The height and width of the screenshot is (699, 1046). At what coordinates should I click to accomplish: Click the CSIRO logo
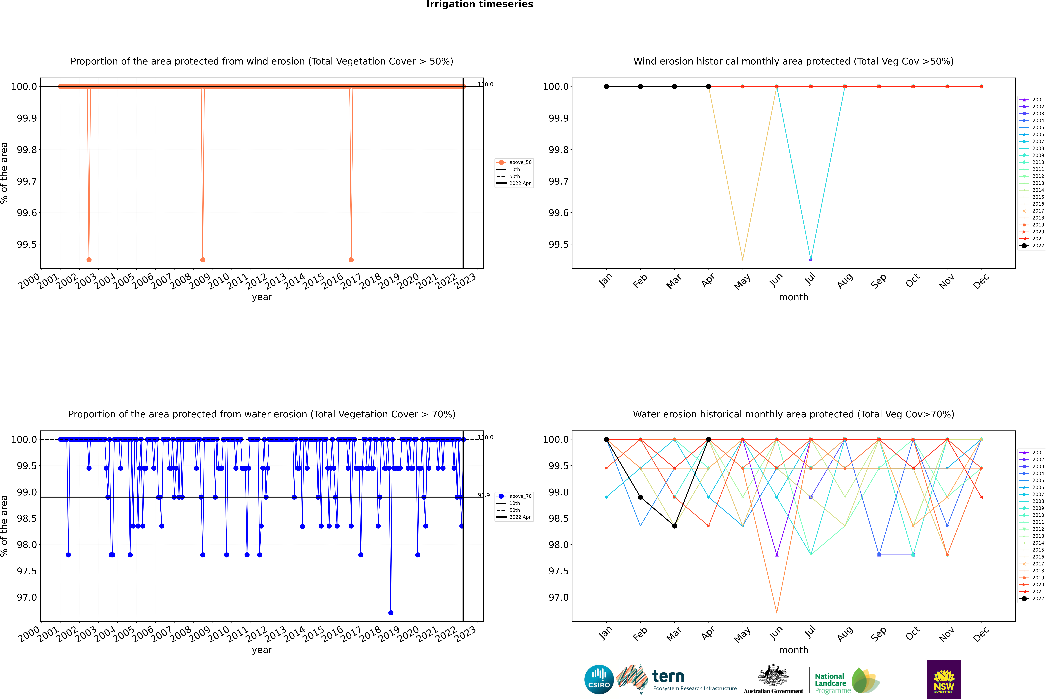click(599, 679)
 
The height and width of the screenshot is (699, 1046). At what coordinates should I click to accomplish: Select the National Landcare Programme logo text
click(830, 683)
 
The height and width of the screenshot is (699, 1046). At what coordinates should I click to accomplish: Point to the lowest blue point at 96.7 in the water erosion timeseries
click(391, 612)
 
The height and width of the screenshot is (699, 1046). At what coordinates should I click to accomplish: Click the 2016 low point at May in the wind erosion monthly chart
click(742, 259)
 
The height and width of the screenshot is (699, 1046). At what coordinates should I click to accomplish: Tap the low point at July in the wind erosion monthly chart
click(811, 259)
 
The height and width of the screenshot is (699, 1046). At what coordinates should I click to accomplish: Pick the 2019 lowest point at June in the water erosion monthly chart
click(777, 613)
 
